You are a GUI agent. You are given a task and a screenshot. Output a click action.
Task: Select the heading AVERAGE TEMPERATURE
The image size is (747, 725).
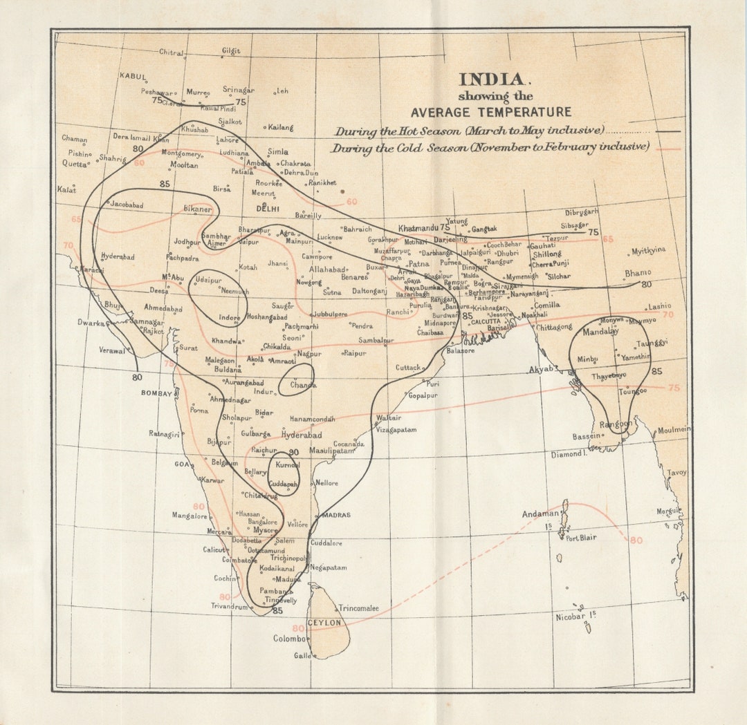pyautogui.click(x=491, y=112)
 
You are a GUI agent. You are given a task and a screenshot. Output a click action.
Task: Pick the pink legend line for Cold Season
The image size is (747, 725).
pyautogui.click(x=667, y=149)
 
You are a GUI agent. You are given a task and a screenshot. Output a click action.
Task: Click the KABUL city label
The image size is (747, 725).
pyautogui.click(x=133, y=76)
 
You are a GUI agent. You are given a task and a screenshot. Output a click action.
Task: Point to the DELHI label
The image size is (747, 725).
pyautogui.click(x=268, y=208)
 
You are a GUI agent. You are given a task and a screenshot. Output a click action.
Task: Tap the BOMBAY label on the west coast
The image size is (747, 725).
pyautogui.click(x=156, y=393)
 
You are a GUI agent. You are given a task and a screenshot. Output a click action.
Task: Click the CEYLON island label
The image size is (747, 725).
pyautogui.click(x=324, y=623)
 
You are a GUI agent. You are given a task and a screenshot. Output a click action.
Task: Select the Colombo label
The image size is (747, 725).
pyautogui.click(x=289, y=639)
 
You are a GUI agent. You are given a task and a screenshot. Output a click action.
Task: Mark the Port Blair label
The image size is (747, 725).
pyautogui.click(x=581, y=538)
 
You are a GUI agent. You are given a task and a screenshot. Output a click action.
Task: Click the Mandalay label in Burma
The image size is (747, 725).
pyautogui.click(x=600, y=332)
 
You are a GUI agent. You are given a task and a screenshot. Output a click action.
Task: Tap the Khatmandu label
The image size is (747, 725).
pyautogui.click(x=418, y=227)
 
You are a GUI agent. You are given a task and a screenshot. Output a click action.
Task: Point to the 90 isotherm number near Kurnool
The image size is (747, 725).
pyautogui.click(x=293, y=452)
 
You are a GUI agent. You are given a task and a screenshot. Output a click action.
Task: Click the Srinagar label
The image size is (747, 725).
pyautogui.click(x=239, y=90)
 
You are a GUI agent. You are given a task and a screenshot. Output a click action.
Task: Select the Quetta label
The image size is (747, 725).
pyautogui.click(x=74, y=164)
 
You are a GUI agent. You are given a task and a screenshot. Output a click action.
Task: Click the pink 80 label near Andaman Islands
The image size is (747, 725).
pyautogui.click(x=636, y=540)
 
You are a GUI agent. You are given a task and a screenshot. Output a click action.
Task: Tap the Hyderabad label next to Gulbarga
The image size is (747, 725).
pyautogui.click(x=302, y=435)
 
